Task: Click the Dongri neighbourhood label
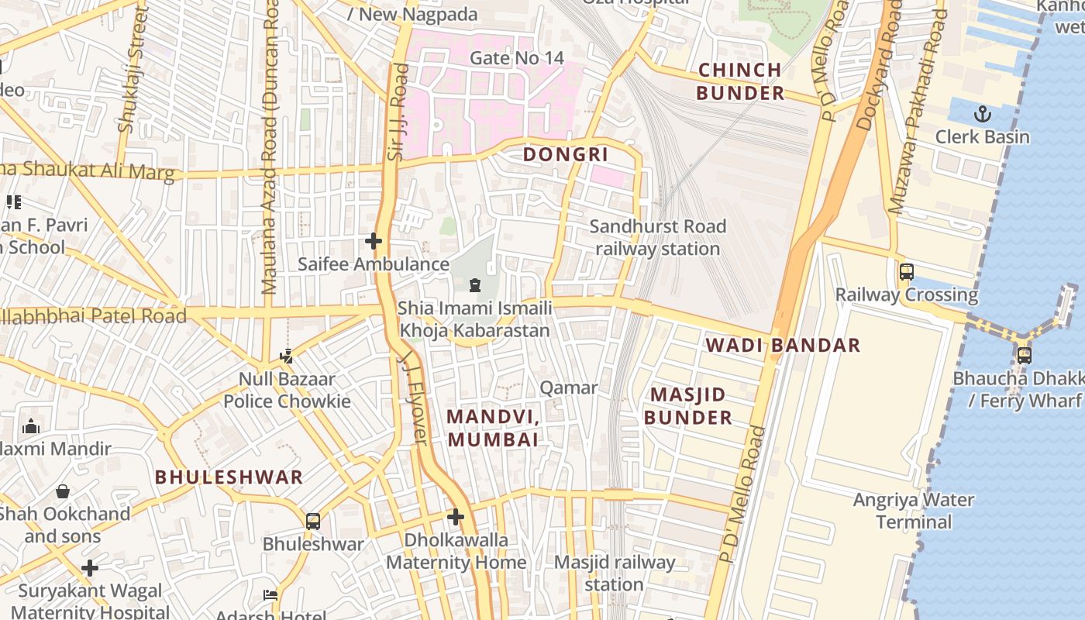tap(565, 154)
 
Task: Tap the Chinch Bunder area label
tap(740, 81)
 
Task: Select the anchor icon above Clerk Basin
tap(982, 115)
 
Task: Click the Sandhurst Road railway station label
tap(657, 238)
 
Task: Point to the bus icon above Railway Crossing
tap(906, 272)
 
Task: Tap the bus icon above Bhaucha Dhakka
tap(1024, 355)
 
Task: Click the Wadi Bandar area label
tap(783, 345)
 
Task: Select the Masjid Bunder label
tap(688, 406)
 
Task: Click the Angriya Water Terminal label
tap(914, 511)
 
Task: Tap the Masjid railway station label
tap(615, 573)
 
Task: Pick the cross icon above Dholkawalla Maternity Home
tap(456, 516)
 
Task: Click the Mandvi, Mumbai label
tap(493, 428)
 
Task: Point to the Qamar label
tap(569, 387)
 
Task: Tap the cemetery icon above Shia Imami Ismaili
tap(475, 286)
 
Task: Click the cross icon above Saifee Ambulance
tap(374, 241)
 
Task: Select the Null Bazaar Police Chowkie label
tap(287, 390)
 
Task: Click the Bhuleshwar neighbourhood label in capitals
tap(229, 477)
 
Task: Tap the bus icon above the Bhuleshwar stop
tap(313, 521)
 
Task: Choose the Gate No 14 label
tap(517, 58)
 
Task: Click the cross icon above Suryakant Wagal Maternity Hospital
tap(90, 568)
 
